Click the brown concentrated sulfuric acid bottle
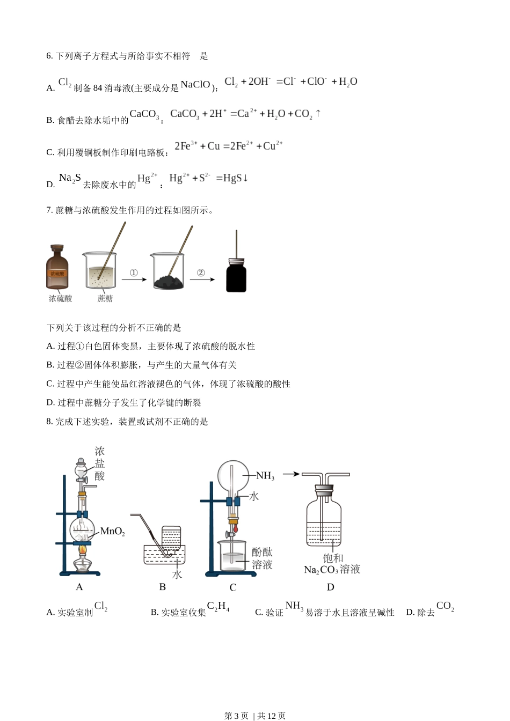[57, 269]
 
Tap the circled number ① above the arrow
[134, 273]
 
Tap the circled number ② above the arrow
[201, 273]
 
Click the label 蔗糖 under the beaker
[105, 299]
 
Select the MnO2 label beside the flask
[113, 532]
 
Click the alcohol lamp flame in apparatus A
[82, 550]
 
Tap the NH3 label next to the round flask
[265, 476]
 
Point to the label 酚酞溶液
[262, 558]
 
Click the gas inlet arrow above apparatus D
[290, 474]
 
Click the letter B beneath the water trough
[163, 587]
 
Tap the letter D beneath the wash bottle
[331, 587]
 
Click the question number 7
[49, 210]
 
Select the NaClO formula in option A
[195, 85]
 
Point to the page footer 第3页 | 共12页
[255, 716]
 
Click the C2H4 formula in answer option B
[218, 607]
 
